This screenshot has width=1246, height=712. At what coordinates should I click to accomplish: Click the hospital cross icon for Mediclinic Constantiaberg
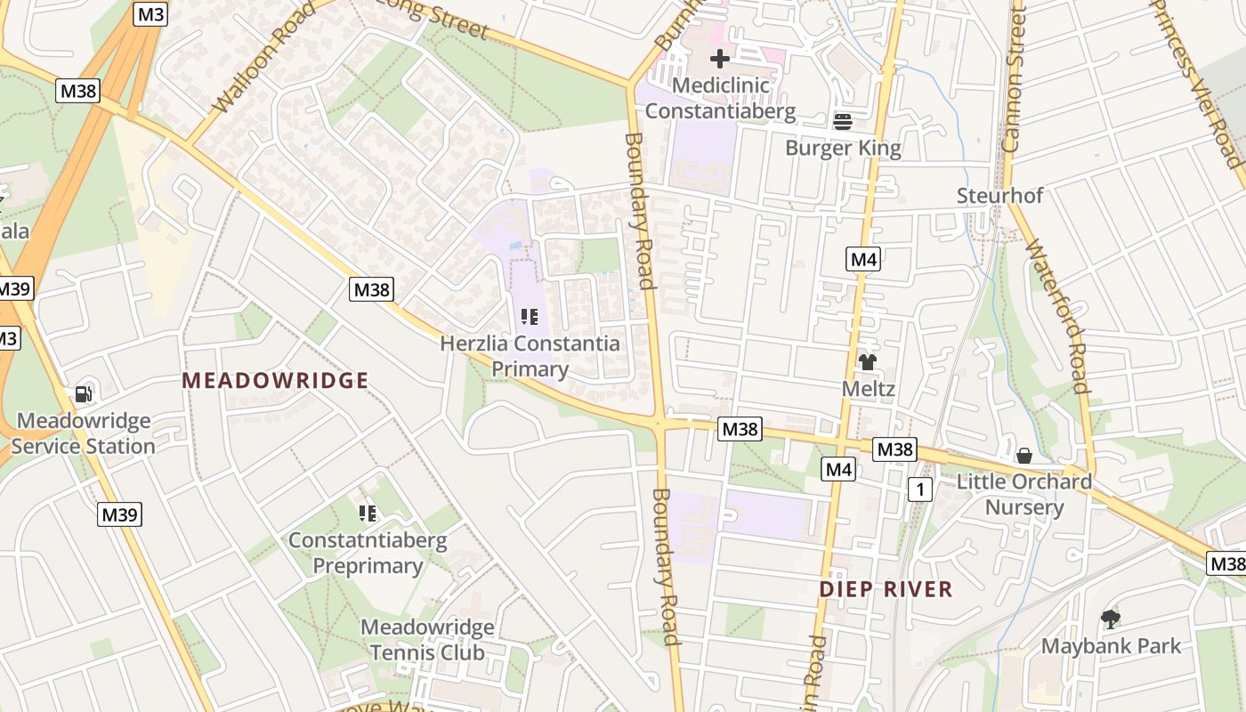[720, 60]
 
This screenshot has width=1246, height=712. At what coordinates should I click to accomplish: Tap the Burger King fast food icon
[842, 121]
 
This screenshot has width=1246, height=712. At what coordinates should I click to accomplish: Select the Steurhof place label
[999, 196]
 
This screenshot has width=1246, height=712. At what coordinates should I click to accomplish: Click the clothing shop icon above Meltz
[868, 362]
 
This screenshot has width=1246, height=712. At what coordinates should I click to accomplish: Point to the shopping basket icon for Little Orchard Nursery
[1024, 456]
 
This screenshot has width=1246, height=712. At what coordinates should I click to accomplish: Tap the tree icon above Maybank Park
[1110, 619]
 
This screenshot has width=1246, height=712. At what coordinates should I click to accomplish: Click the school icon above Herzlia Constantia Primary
[530, 317]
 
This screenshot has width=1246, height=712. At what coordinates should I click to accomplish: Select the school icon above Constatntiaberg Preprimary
[368, 514]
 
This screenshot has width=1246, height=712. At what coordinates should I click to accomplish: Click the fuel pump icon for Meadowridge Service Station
[83, 393]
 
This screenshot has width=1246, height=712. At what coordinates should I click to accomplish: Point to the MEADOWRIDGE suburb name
[275, 381]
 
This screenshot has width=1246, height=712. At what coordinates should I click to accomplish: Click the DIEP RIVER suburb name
[886, 589]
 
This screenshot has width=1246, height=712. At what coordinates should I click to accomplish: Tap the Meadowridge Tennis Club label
[427, 640]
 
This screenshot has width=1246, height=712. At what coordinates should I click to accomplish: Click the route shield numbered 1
[919, 489]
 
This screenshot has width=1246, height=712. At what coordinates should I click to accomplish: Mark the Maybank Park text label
[1111, 646]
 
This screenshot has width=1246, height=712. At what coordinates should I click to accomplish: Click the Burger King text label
[843, 148]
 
